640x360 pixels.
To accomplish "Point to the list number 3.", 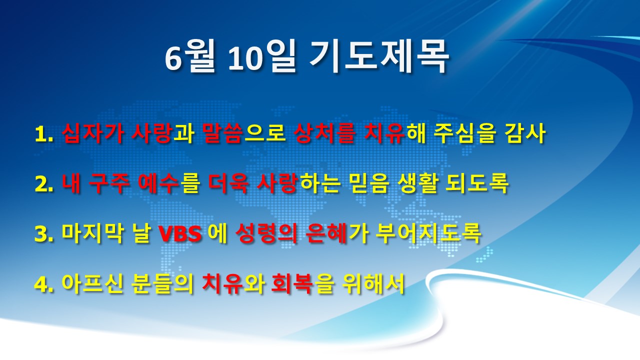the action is (x=43, y=234).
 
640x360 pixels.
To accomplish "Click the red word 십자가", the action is (x=93, y=133).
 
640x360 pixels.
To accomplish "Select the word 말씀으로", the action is (x=243, y=133).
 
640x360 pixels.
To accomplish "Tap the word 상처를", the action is (x=325, y=133).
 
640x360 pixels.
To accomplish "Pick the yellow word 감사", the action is (x=525, y=133).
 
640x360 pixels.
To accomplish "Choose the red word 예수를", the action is (x=168, y=183).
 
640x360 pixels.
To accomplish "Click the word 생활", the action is (x=418, y=183).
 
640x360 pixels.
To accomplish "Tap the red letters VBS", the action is (x=180, y=234).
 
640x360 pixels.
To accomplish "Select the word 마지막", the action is (x=92, y=234).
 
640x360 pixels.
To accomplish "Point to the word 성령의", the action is (x=266, y=234).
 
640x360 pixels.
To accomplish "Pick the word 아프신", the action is (x=92, y=283).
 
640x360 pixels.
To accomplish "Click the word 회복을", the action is (x=302, y=283).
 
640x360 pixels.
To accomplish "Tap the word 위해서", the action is (x=373, y=283).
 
